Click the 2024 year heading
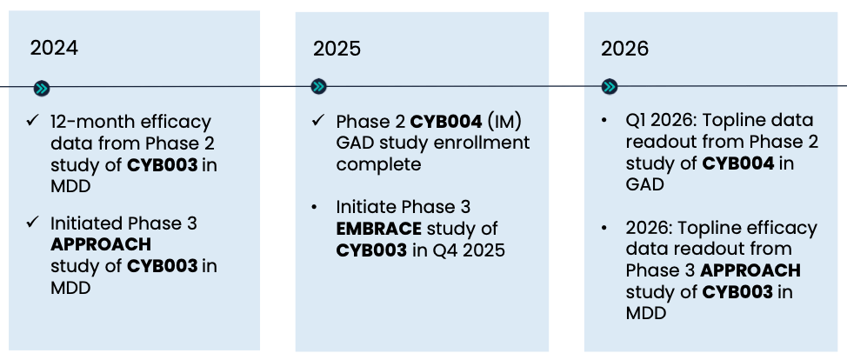(54, 48)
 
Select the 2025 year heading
(337, 50)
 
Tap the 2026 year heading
(625, 50)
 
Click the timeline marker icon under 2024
(42, 89)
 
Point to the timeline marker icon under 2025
(318, 86)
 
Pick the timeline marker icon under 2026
(610, 86)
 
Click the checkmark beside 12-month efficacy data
(32, 121)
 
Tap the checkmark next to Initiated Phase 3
(32, 222)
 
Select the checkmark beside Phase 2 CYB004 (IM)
(318, 121)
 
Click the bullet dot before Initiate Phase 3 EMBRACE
(314, 207)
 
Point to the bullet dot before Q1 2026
(604, 120)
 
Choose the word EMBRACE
(378, 229)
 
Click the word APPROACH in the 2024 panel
(101, 245)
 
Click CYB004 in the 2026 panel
(738, 163)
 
